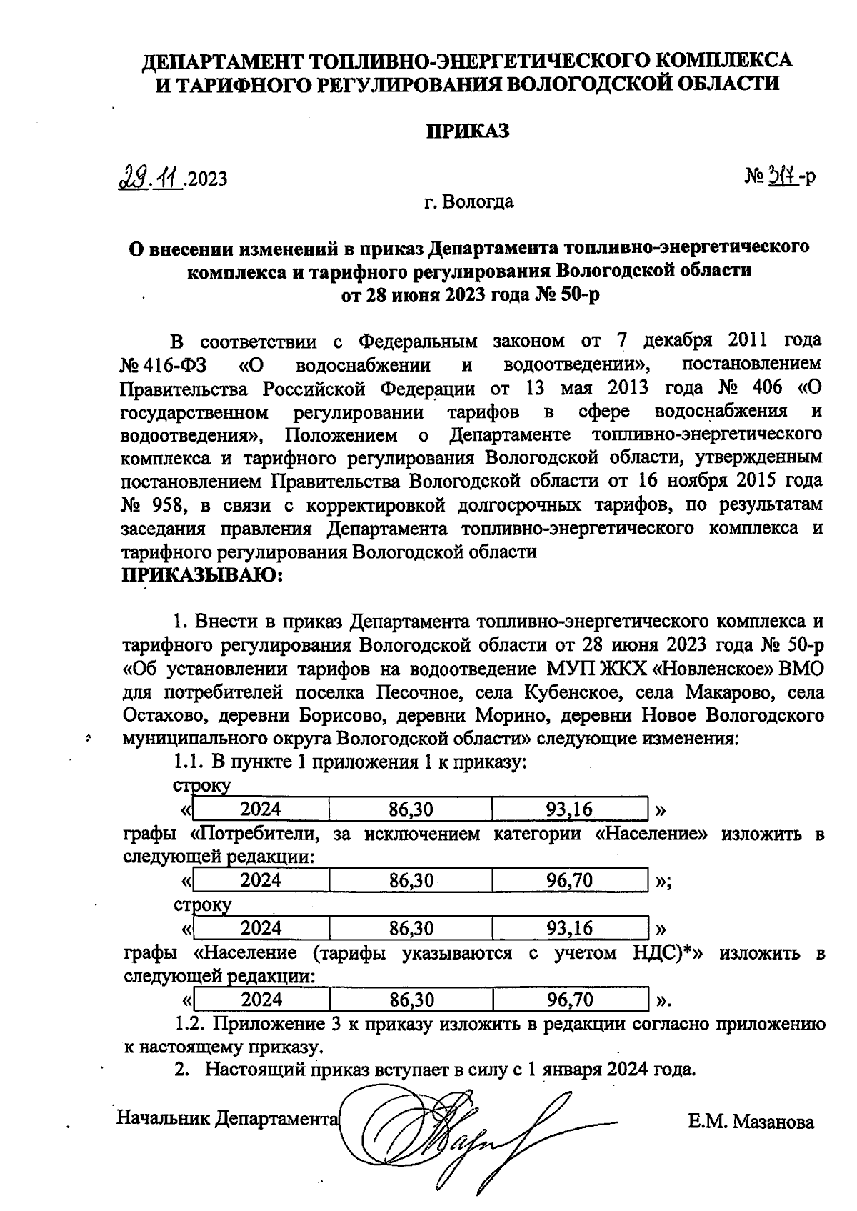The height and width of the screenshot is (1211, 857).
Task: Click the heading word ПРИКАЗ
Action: point(468,131)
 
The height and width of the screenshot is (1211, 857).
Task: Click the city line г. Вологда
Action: point(468,201)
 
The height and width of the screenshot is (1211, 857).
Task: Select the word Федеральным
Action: point(414,340)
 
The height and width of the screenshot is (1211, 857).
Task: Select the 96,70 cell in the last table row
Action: point(570,999)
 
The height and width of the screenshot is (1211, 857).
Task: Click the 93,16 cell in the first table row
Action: point(570,809)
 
